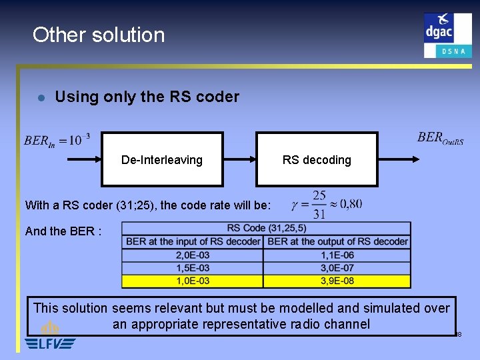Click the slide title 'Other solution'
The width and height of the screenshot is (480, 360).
98,35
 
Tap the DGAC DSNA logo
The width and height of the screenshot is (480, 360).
447,35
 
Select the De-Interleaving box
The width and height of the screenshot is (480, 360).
162,159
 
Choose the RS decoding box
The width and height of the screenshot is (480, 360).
317,159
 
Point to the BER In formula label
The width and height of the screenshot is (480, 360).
57,140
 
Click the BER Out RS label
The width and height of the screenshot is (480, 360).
440,138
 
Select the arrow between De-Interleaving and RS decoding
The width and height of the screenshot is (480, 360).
239,159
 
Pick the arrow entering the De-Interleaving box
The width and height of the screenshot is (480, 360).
83,159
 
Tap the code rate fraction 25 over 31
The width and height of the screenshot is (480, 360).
319,205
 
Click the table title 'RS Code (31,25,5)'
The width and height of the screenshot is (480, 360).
266,229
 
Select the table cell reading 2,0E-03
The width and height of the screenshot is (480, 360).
193,255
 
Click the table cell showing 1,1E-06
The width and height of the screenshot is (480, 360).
337,255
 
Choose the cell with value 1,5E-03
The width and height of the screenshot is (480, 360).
193,268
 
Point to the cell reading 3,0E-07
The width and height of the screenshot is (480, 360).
337,268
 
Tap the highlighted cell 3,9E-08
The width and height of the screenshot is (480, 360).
337,281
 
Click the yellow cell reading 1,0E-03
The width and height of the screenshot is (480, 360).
193,281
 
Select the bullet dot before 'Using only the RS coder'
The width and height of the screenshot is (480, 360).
41,97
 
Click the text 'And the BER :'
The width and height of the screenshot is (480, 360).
63,231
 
